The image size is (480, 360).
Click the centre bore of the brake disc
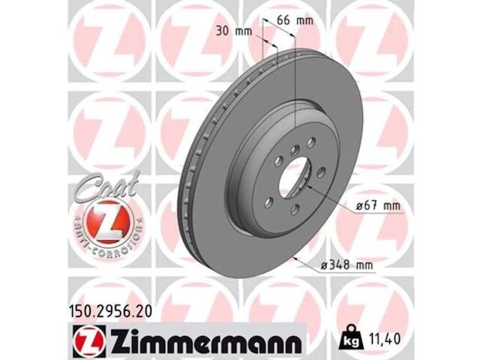click(294, 182)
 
